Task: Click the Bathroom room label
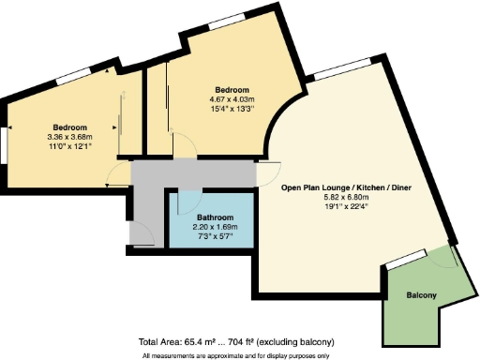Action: (x=210, y=216)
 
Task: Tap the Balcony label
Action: (x=421, y=296)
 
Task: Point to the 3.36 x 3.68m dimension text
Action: (x=70, y=137)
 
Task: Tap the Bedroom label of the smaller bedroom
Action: (x=70, y=127)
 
